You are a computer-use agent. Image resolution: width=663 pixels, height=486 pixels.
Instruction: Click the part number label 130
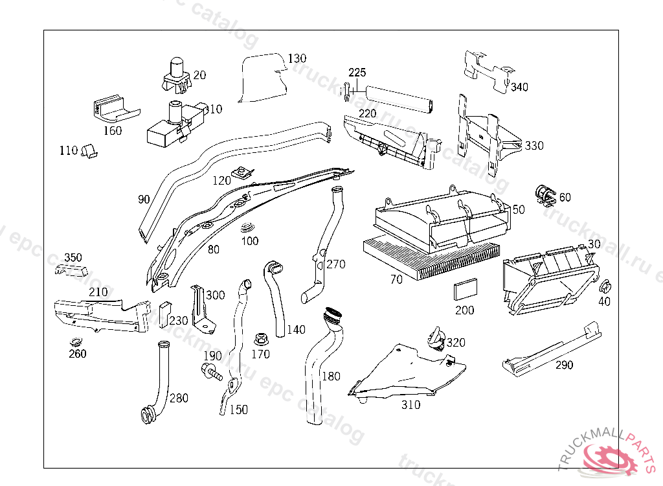[x=297, y=58]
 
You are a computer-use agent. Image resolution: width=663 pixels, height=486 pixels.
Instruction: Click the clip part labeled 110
[x=89, y=152]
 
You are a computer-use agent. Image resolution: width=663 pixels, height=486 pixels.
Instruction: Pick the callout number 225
[x=357, y=72]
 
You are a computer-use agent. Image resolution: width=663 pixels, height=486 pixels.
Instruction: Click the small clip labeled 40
[x=606, y=286]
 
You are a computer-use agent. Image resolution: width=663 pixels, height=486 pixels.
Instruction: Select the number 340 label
[x=519, y=87]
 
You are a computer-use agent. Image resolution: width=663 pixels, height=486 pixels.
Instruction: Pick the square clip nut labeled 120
[x=244, y=172]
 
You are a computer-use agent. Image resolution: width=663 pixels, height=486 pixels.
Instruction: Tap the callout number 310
[x=410, y=405]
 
